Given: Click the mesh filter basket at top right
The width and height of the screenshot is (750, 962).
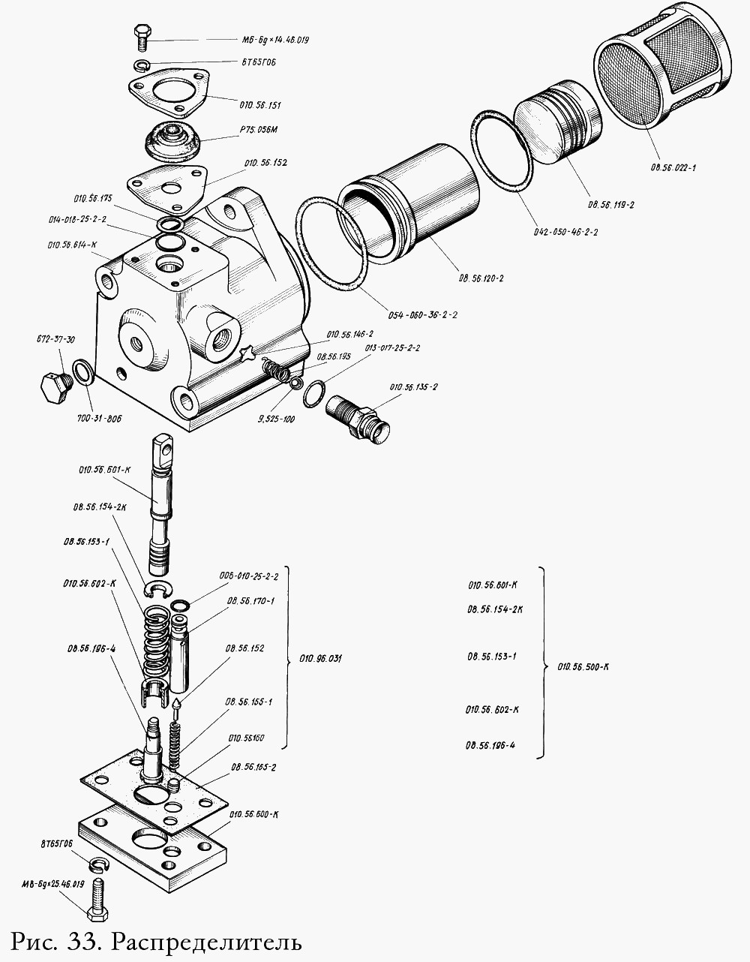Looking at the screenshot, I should point(660,80).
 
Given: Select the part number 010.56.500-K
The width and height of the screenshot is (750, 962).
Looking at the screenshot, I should point(583,666).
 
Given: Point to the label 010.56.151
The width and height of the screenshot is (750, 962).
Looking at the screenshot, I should point(260,105).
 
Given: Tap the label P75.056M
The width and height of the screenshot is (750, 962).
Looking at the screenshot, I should point(259,130).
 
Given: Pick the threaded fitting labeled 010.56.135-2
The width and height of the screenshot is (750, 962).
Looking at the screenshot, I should point(357,416).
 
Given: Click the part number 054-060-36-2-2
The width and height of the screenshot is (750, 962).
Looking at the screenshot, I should point(423,314).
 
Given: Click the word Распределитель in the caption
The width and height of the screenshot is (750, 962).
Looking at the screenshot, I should point(208,941).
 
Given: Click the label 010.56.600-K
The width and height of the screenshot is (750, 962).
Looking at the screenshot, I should point(255,814).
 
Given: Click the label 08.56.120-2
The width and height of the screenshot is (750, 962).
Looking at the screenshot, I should point(481,278).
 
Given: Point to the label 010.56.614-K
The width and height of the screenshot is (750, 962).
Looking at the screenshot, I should point(73,245).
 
